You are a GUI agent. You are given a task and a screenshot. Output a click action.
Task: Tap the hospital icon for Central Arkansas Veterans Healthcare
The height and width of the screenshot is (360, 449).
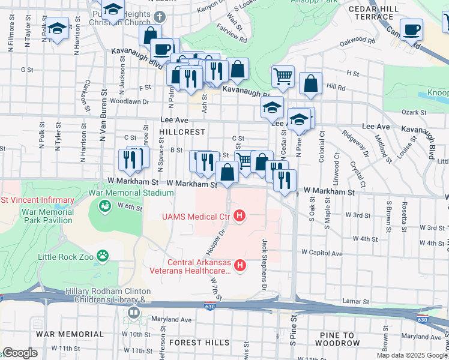pos(240,265)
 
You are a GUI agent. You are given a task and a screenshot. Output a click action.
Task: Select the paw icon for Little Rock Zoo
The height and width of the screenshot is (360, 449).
pos(103,256)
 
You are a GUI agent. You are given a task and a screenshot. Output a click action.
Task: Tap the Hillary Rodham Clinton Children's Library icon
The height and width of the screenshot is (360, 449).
pos(133,313)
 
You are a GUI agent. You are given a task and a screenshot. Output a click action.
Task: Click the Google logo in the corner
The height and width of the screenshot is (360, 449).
pos(20,353)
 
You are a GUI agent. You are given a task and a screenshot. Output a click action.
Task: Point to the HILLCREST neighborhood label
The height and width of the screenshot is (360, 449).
pos(182,131)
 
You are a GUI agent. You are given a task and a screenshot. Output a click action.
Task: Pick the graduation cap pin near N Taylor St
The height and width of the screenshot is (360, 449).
pos(57,29)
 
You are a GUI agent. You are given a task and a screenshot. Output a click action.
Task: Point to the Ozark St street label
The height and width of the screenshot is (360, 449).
pos(414,112)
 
